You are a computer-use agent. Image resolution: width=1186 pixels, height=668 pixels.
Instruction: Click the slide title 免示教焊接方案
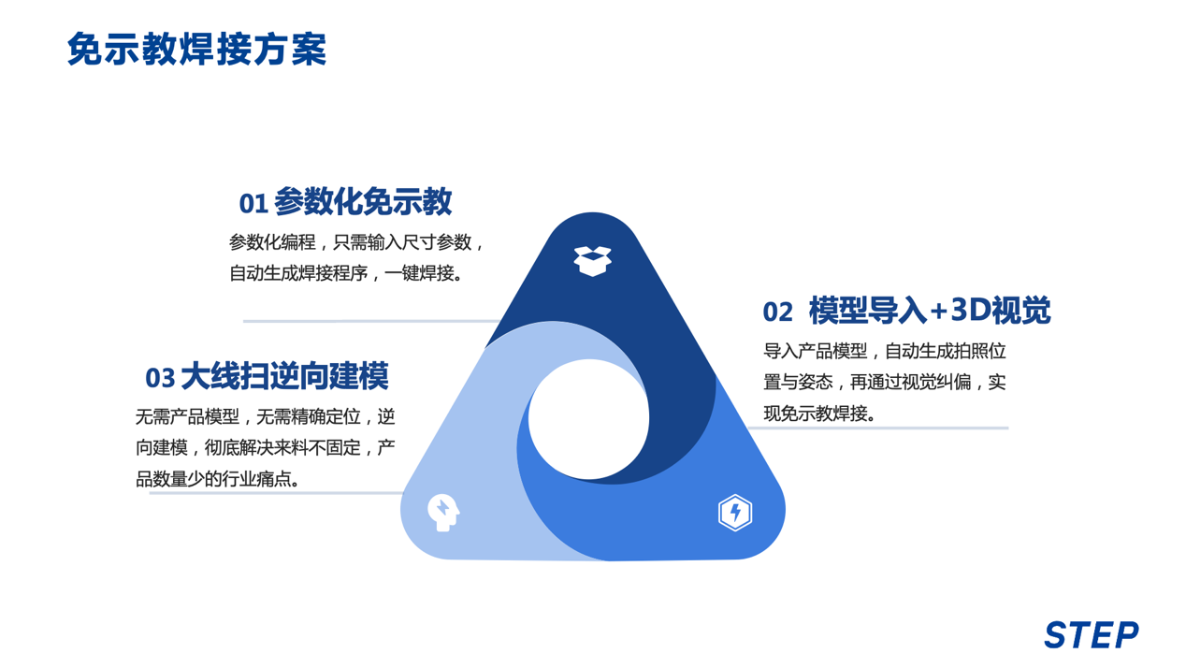(196, 50)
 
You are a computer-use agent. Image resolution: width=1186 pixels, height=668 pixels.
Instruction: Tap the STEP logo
(1091, 635)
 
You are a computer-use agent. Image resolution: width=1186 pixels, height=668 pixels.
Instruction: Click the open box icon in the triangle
(592, 260)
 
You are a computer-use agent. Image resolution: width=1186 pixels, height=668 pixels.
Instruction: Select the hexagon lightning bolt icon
(735, 513)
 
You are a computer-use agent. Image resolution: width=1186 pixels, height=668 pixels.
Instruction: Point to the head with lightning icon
(442, 512)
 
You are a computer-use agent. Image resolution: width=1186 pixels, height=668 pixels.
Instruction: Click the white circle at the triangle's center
(588, 418)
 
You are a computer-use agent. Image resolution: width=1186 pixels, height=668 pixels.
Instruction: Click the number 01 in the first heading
(253, 203)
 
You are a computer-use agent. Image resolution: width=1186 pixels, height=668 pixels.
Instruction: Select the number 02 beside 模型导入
(777, 312)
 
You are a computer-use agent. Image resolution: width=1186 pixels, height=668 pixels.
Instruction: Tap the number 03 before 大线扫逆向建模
(160, 378)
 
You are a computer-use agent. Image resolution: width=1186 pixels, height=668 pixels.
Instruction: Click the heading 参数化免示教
(364, 201)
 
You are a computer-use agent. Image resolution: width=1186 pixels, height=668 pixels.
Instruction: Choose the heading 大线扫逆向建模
(284, 376)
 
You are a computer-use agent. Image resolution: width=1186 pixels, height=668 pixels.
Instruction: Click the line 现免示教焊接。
(820, 413)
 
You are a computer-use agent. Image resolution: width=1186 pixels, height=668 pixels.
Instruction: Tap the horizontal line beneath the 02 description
(879, 428)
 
